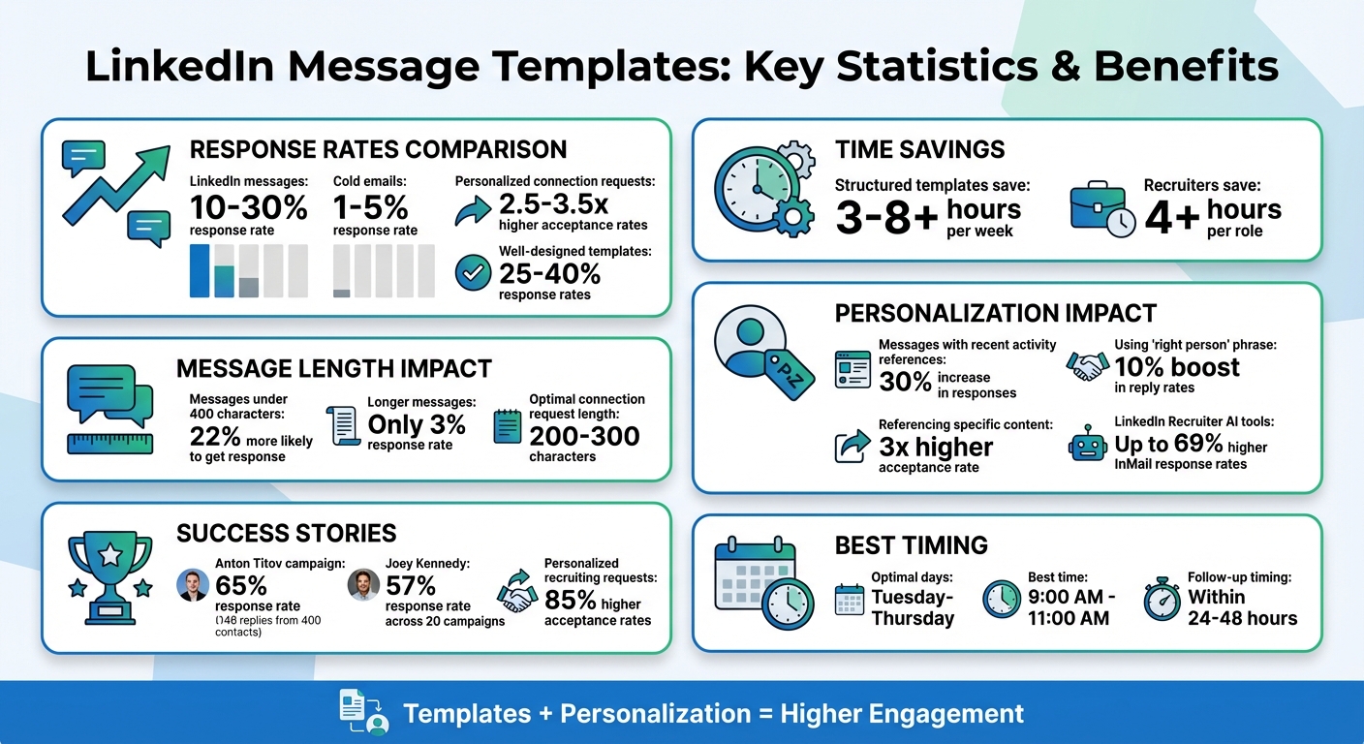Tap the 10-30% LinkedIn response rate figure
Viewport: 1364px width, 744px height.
point(248,207)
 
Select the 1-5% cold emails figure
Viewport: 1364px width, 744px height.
point(371,207)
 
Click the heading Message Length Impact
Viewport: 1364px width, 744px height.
point(334,369)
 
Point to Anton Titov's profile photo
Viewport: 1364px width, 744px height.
point(194,585)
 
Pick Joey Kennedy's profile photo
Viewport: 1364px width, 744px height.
point(363,585)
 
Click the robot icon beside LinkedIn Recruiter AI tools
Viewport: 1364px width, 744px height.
point(1086,445)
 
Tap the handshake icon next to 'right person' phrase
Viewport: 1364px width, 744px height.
point(1087,366)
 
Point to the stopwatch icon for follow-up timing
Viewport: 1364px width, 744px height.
point(1162,601)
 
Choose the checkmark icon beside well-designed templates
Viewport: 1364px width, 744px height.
point(473,273)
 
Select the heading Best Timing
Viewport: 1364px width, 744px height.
point(911,545)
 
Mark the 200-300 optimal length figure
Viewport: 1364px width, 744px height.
point(584,436)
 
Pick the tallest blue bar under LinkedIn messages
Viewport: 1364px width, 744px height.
point(200,270)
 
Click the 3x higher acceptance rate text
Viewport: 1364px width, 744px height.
point(935,447)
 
